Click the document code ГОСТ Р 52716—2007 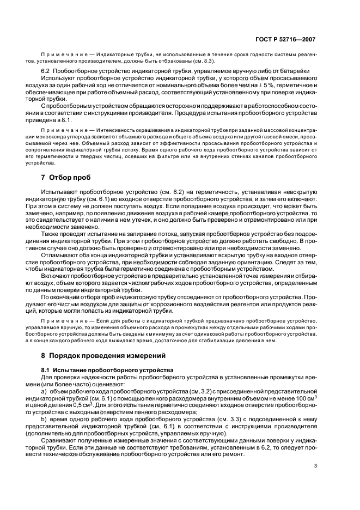click(x=286, y=39)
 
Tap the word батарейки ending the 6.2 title click(x=293, y=72)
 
